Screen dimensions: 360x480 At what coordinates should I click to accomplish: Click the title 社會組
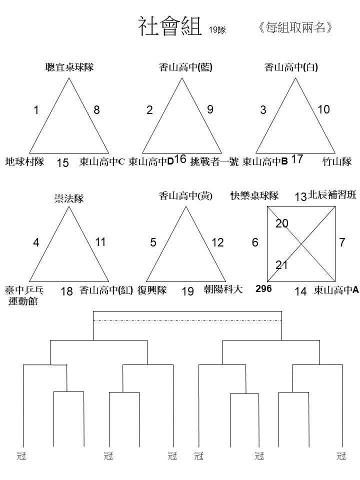[x=170, y=26]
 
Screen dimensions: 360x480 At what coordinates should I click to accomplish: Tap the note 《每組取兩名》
[x=295, y=27]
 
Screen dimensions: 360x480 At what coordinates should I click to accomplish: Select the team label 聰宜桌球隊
[x=69, y=67]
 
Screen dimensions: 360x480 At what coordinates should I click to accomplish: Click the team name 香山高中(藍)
[x=185, y=67]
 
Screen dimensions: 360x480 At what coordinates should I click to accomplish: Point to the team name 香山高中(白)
[x=291, y=67]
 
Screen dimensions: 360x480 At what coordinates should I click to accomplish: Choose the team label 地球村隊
[x=25, y=161]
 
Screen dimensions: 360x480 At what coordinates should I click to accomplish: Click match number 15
[x=62, y=163]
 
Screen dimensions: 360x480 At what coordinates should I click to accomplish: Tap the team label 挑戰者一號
[x=214, y=161]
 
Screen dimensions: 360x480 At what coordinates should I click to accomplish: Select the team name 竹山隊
[x=337, y=161]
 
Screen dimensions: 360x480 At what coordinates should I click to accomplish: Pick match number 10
[x=323, y=109]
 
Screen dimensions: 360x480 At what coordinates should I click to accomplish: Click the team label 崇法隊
[x=69, y=198]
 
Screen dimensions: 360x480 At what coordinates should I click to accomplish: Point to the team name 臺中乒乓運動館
[x=24, y=295]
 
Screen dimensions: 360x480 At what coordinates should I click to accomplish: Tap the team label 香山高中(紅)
[x=106, y=290]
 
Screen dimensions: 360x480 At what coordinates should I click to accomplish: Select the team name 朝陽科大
[x=223, y=289]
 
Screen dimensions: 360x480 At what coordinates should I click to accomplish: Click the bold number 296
[x=263, y=288]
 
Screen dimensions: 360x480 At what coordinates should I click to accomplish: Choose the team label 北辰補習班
[x=332, y=195]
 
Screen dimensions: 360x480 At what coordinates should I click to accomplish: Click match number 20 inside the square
[x=281, y=224]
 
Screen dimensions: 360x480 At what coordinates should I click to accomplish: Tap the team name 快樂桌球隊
[x=254, y=195]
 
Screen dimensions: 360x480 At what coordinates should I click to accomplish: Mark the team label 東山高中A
[x=336, y=290]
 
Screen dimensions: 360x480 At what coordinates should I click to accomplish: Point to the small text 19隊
[x=217, y=30]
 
